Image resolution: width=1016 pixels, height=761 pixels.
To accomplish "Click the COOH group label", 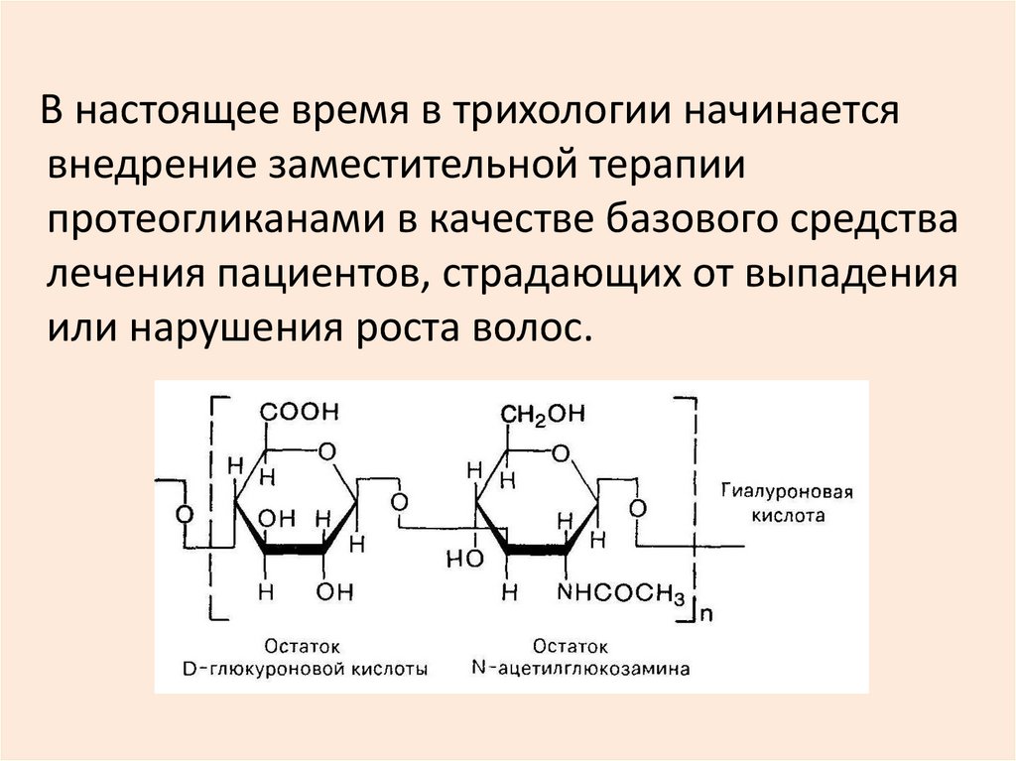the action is (299, 411).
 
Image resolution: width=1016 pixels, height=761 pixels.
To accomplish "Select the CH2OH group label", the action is (542, 413).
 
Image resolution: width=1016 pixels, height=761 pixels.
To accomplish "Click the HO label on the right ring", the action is (463, 560).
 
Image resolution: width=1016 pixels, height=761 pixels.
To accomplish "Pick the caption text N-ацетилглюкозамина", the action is (580, 669).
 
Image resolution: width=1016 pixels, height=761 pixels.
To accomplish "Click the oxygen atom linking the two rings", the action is (399, 501).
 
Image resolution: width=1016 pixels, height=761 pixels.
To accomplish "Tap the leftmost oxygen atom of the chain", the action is (183, 516).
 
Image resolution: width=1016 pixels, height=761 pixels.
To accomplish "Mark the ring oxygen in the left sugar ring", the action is (326, 452).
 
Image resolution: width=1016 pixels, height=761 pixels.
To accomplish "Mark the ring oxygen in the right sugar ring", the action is (563, 453).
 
